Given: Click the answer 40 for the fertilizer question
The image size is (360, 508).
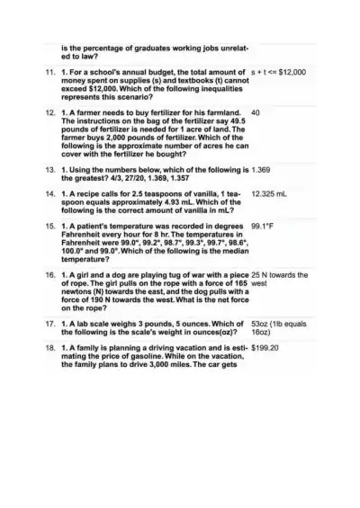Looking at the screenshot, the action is click(256, 113).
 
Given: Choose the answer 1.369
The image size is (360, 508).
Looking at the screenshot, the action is click(263, 168).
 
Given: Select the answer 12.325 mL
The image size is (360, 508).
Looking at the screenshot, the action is click(270, 193).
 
